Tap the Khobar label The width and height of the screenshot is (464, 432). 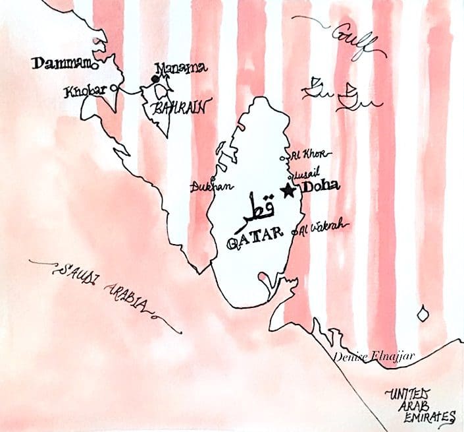point(86,91)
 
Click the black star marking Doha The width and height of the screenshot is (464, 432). point(287,191)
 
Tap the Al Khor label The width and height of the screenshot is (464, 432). point(309,154)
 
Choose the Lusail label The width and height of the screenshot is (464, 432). point(309,173)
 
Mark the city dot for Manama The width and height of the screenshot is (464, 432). point(155,79)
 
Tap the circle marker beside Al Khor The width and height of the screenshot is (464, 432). point(284,158)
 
